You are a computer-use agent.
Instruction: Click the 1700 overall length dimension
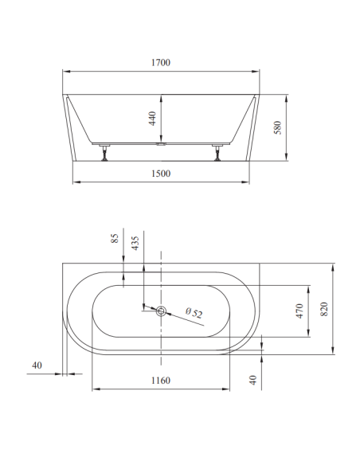(161, 62)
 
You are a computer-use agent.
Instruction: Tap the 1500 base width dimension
(161, 172)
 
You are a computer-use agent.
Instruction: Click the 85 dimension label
(115, 239)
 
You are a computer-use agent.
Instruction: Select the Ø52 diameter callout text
(194, 313)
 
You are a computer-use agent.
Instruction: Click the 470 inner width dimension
(300, 310)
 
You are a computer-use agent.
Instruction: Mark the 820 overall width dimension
(325, 308)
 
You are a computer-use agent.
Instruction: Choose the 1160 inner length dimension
(161, 381)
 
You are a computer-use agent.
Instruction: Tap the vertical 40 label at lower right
(254, 381)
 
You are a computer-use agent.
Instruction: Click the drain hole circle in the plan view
(161, 311)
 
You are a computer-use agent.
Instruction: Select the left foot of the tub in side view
(104, 153)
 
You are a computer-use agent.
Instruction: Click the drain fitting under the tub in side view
(161, 147)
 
